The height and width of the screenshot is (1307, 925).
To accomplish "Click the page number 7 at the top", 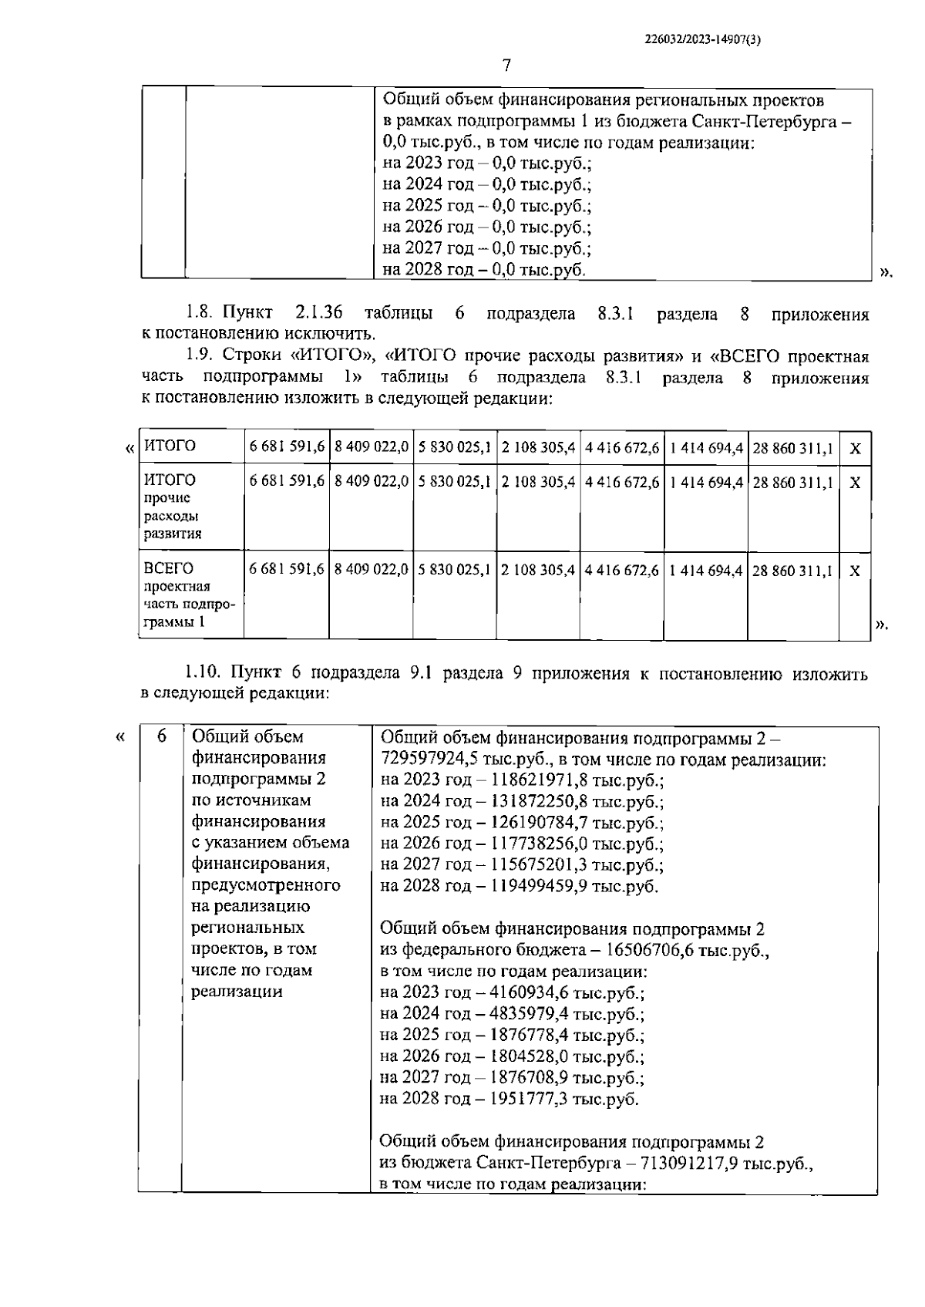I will (506, 66).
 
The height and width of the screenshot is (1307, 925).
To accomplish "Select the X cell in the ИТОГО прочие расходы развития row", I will (854, 483).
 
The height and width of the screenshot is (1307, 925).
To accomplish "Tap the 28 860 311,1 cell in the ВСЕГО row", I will (792, 571).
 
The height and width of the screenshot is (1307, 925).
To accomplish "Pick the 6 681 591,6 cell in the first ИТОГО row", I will (286, 447).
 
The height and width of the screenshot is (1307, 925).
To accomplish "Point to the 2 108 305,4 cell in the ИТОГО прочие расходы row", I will (538, 483).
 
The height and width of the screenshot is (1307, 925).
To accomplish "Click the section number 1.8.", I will (197, 314).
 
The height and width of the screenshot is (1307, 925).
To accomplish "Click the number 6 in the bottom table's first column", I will (161, 737).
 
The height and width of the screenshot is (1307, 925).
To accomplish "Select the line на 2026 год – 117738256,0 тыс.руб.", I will (521, 844).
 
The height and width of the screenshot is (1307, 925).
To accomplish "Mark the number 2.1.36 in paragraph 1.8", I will (318, 314).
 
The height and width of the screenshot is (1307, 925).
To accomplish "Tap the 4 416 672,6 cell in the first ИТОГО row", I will (621, 447).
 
